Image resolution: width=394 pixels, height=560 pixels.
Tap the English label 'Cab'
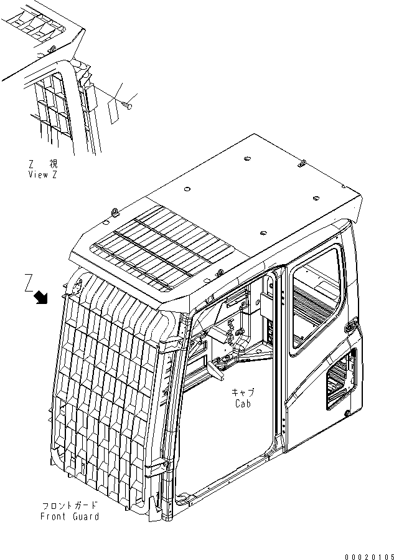click(x=243, y=403)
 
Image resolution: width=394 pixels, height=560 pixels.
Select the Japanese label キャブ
click(x=243, y=392)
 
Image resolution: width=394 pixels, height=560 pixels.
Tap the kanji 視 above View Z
click(x=55, y=164)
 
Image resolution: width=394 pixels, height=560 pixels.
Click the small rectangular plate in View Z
click(x=113, y=110)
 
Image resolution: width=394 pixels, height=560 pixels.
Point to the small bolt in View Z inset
click(x=128, y=103)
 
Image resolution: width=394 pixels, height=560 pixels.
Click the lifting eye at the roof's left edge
click(x=115, y=211)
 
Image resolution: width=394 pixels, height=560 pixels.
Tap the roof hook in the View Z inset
click(x=53, y=48)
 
